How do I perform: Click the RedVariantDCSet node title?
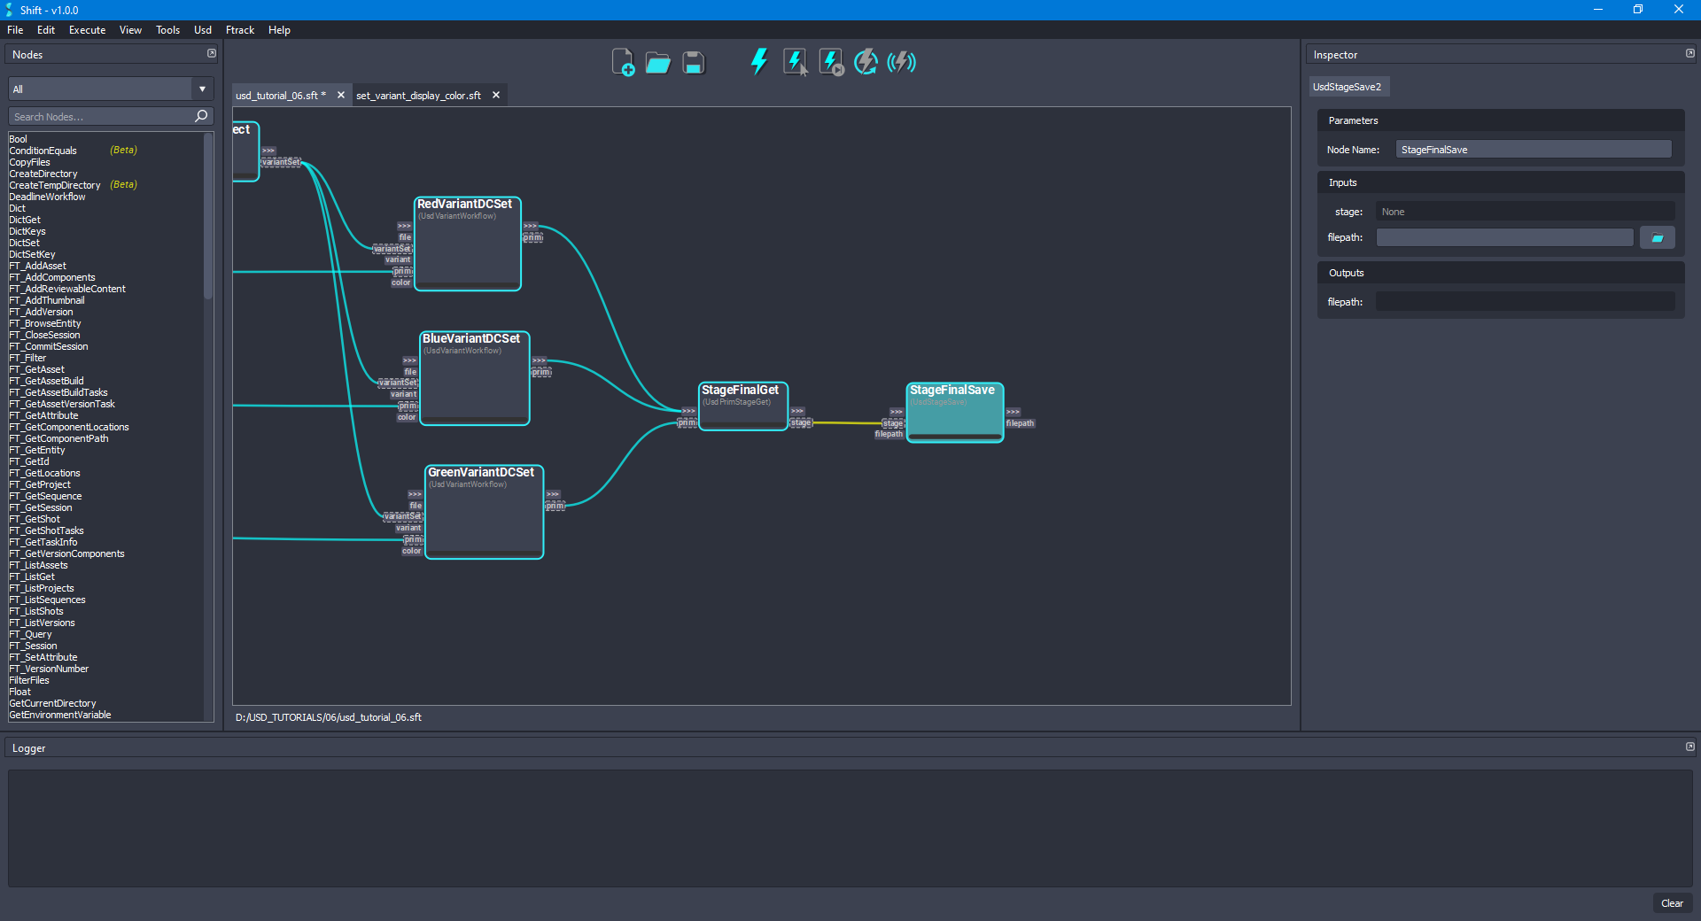coord(464,205)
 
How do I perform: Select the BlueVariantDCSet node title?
coord(470,339)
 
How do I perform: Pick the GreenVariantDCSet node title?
coord(481,473)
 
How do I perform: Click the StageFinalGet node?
coord(742,407)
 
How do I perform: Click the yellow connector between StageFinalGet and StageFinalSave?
coord(846,423)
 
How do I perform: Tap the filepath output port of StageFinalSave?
coord(1020,423)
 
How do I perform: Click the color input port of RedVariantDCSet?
coord(401,283)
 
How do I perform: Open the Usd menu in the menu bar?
coord(203,30)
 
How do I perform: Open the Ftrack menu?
coord(240,30)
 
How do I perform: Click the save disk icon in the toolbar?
coord(694,63)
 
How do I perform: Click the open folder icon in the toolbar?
coord(657,63)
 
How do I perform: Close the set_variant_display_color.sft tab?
coord(496,96)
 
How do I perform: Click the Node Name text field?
coord(1533,150)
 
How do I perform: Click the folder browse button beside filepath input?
coord(1657,237)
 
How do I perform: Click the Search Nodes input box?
coord(102,117)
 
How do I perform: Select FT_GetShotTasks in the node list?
coord(47,531)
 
